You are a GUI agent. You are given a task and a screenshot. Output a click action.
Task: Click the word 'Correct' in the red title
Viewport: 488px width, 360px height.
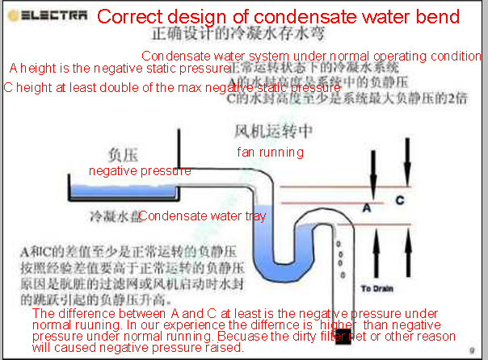[x=128, y=17]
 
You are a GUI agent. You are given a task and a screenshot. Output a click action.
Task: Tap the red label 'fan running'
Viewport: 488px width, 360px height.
[x=270, y=152]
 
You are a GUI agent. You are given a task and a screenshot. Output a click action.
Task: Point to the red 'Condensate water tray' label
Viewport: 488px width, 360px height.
[x=202, y=216]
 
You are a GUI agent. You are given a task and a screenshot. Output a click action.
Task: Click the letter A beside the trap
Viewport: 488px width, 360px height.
[x=366, y=207]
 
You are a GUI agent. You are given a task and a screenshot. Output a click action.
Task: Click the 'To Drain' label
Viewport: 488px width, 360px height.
[x=376, y=288]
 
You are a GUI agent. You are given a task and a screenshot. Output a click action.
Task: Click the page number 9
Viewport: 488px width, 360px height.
[x=471, y=350]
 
